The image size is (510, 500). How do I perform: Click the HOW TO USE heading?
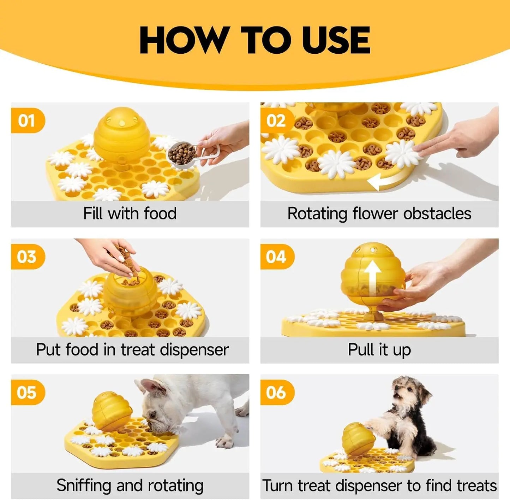pos(255,40)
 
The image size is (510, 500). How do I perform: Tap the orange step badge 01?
pos(27,121)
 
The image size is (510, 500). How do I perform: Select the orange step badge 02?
pos(276,121)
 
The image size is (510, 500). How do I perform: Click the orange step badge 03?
pos(27,257)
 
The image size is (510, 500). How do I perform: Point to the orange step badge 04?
pos(276,257)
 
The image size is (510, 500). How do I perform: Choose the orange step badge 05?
pos(27,393)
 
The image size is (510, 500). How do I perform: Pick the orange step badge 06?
pos(276,393)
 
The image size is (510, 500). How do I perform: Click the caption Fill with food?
pos(130,214)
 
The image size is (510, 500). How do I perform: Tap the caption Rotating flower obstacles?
pos(379,214)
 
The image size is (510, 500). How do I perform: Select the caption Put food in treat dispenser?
pos(132,350)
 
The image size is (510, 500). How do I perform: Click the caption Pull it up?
pos(379,350)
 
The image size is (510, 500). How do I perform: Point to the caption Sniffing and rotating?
pos(130,486)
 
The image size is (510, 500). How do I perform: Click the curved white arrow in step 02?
pos(383,182)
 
